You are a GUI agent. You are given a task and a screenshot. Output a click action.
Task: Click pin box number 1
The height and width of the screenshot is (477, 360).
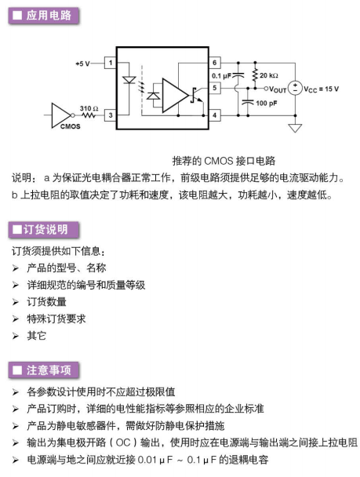tap(110, 63)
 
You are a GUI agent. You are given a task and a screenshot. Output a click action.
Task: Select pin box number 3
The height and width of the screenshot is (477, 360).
tap(110, 115)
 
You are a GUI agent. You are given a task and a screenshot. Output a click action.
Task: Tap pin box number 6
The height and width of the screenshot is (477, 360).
tap(215, 63)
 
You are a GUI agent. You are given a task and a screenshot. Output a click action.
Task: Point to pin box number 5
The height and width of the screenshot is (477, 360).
tap(215, 88)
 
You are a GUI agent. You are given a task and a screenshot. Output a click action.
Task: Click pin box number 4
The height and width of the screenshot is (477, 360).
tap(215, 115)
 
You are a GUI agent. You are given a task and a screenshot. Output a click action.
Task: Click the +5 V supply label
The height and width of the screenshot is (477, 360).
tap(82, 64)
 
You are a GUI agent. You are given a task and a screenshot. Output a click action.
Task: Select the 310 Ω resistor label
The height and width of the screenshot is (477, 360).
tap(89, 108)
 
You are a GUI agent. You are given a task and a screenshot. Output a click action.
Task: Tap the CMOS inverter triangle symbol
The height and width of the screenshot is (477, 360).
tap(61, 115)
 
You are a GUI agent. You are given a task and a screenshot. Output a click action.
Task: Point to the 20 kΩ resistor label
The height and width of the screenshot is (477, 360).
tap(269, 75)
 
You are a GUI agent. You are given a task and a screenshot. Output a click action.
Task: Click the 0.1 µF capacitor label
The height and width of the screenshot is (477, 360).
tap(221, 76)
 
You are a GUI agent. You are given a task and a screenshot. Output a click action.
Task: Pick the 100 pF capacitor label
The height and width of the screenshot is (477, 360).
tap(267, 103)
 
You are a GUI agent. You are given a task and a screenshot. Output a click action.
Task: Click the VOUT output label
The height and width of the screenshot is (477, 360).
tap(278, 89)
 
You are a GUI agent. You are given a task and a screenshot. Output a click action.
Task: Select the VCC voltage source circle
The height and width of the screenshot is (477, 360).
tap(295, 88)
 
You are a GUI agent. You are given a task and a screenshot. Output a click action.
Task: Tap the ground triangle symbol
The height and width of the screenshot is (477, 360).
tap(295, 128)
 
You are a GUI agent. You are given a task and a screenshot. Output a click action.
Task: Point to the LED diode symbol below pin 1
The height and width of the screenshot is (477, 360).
tap(129, 80)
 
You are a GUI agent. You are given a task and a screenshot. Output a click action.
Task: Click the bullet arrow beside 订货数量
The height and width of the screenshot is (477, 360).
tap(16, 302)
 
